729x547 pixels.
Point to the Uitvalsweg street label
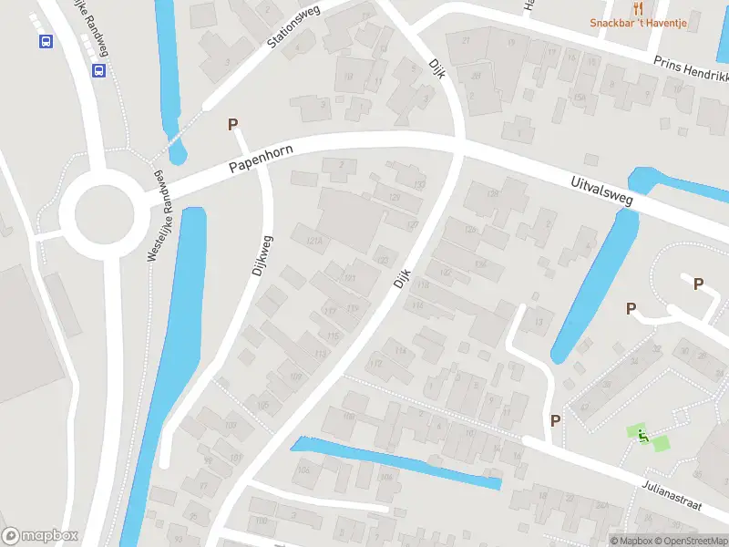click(x=601, y=187)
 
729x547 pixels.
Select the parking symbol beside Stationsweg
click(x=232, y=124)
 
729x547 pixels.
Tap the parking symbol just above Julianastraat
click(x=555, y=420)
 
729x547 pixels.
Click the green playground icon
click(x=642, y=437)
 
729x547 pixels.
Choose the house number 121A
click(x=315, y=241)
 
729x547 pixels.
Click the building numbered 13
click(x=539, y=322)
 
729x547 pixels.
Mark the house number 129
click(x=394, y=198)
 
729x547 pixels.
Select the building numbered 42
click(x=583, y=408)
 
